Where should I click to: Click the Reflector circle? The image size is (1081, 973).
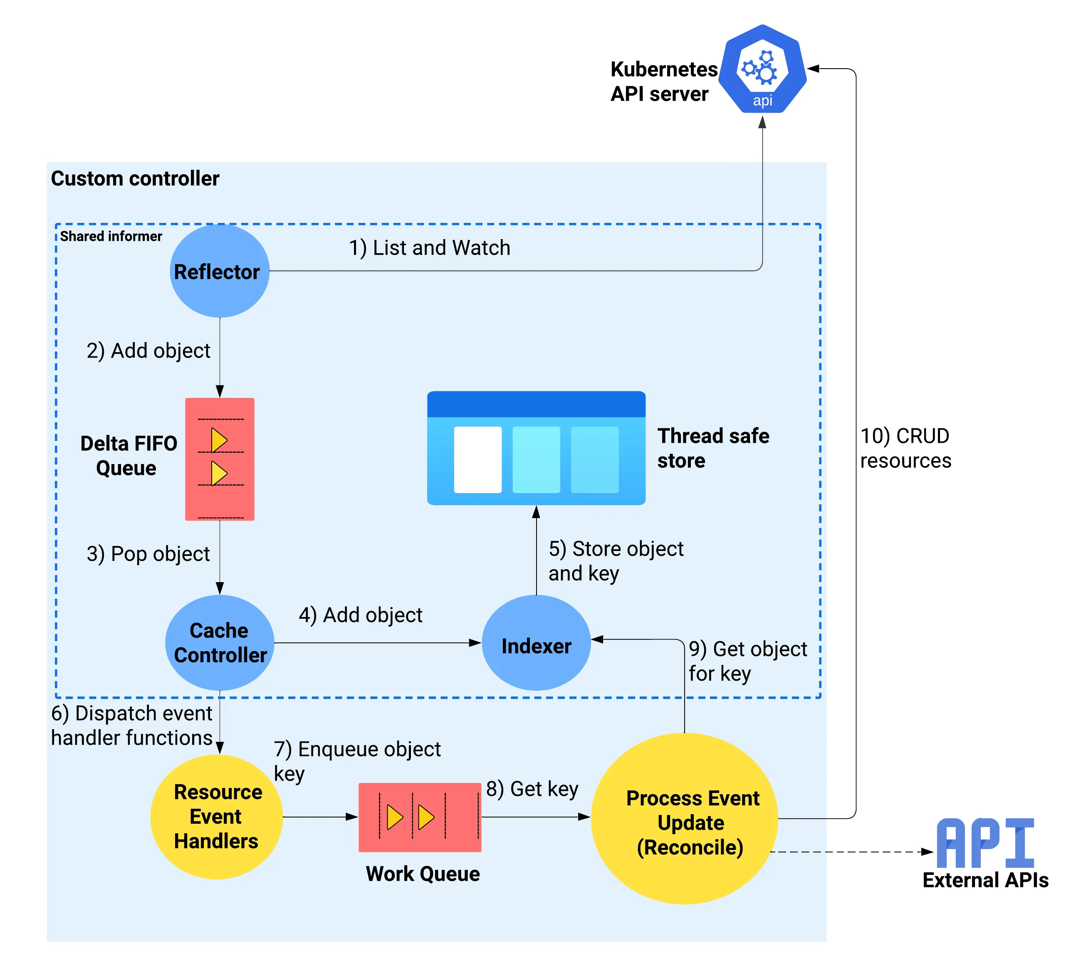[x=219, y=271]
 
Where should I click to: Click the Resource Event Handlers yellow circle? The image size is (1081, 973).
[x=216, y=816]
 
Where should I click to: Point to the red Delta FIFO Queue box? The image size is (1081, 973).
[x=219, y=459]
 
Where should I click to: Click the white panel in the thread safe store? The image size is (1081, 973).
[x=477, y=459]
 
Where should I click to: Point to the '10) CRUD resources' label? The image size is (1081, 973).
[x=905, y=448]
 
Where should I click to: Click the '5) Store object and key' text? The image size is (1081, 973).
[x=615, y=561]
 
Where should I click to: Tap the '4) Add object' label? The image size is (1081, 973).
[x=361, y=615]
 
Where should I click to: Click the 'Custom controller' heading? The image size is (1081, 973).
[x=135, y=178]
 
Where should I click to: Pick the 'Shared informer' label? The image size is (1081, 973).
[x=111, y=236]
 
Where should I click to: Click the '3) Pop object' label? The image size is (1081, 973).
[x=148, y=554]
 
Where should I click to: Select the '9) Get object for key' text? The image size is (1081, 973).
[x=747, y=661]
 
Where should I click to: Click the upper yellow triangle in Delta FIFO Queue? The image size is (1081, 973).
[x=218, y=440]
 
